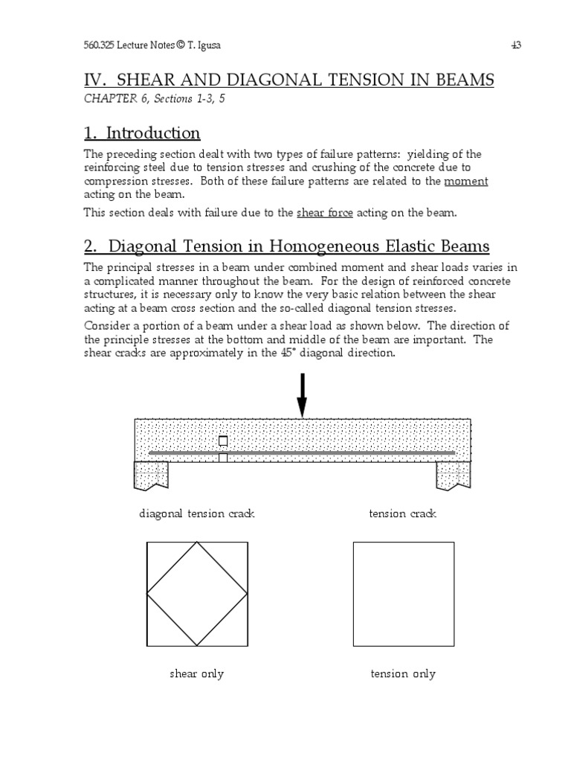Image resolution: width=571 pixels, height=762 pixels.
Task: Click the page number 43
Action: click(516, 45)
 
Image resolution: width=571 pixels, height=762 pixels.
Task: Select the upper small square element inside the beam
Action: click(223, 441)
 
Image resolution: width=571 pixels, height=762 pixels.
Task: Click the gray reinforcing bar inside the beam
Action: click(335, 452)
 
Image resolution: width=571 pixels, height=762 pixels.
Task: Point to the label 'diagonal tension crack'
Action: click(197, 514)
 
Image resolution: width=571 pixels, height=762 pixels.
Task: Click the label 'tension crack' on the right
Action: click(402, 514)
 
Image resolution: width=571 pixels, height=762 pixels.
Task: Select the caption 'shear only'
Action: click(197, 674)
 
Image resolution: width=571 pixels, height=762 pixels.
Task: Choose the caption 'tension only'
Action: click(403, 674)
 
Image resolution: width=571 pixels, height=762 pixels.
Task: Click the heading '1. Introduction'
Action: click(142, 133)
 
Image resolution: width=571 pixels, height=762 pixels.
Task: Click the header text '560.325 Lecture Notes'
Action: click(126, 45)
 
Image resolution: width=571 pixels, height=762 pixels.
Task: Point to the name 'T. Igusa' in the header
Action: click(207, 45)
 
